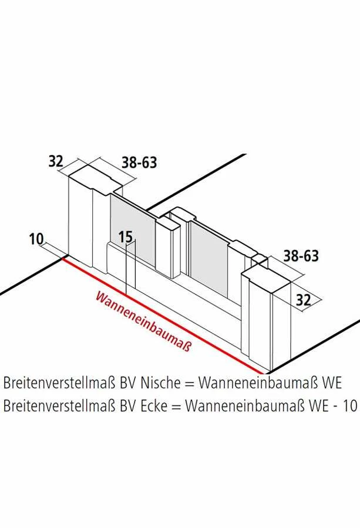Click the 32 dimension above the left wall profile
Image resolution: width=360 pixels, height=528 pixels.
56,161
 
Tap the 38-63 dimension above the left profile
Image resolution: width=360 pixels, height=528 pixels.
139,162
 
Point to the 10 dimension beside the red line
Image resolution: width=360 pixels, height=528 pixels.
36,239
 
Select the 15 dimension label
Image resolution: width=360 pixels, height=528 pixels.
126,237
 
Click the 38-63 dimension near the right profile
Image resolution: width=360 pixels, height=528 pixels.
301,256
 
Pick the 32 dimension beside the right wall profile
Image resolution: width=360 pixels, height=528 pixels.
303,300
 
